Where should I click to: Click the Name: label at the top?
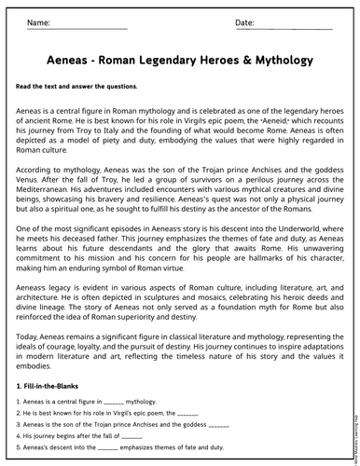tap(38, 21)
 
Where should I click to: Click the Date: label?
tap(244, 21)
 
